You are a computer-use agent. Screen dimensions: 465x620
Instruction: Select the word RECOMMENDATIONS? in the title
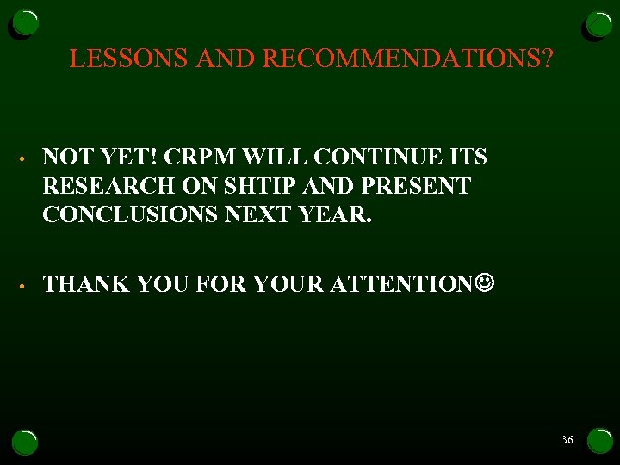point(408,59)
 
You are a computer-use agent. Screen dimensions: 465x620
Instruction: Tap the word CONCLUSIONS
point(131,214)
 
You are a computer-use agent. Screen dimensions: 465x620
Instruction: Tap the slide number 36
point(567,440)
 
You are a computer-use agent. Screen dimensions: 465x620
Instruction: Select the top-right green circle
point(598,26)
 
